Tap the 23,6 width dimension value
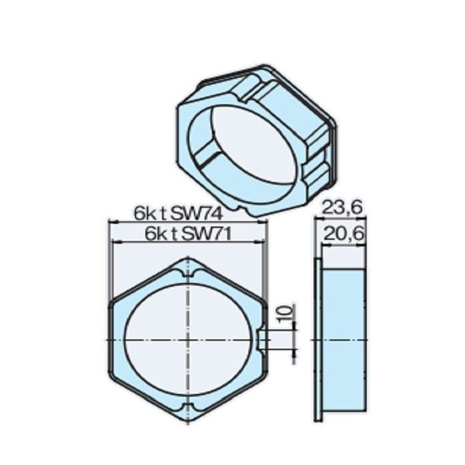(x=342, y=208)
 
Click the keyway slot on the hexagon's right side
(x=258, y=339)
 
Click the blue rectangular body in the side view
(x=343, y=339)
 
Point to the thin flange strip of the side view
(x=318, y=339)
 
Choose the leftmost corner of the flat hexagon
(x=111, y=339)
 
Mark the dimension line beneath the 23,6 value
(x=339, y=219)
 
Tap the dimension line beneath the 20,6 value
(x=342, y=244)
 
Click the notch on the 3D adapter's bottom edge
(x=247, y=211)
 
